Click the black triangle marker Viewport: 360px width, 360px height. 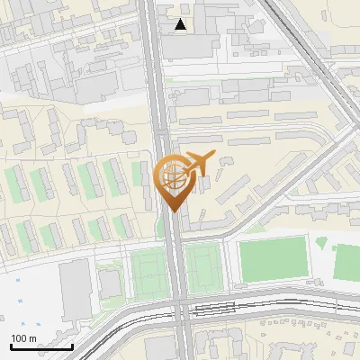[181, 24]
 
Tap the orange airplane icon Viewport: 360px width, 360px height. [198, 164]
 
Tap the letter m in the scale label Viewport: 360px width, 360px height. [33, 338]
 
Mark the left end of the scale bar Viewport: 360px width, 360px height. [12, 346]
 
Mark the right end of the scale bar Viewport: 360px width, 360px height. [72, 346]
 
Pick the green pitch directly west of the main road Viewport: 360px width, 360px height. [147, 272]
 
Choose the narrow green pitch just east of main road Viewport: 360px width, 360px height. [203, 268]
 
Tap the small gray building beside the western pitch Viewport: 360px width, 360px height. [111, 284]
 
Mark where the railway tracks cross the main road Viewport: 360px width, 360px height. [179, 310]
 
